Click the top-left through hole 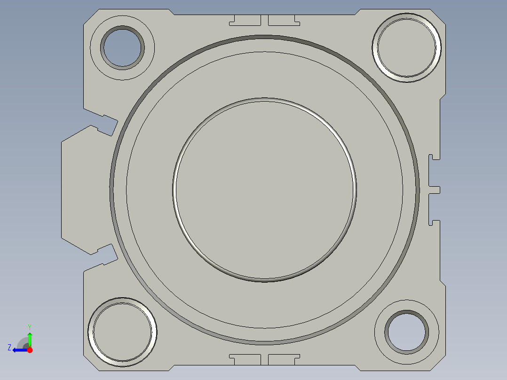coord(122,47)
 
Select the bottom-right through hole coord(407,331)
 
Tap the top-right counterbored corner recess coord(407,47)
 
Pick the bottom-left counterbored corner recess coord(122,332)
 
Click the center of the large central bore coord(264,190)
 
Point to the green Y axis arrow coord(30,338)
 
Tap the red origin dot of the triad coord(30,350)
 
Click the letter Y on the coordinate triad coord(29,326)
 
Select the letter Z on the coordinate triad coord(9,347)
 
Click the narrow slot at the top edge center coord(264,20)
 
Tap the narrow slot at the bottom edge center coord(264,359)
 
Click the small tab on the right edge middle coord(435,190)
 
